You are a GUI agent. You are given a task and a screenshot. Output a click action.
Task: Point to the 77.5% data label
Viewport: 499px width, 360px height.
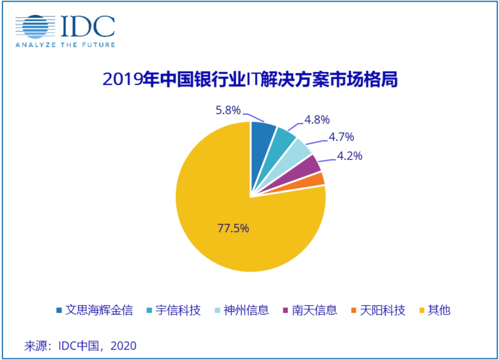233,228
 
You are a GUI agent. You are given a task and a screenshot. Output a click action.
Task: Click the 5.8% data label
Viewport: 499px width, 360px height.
228,110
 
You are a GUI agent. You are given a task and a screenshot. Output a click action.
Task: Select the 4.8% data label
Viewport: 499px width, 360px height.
317,120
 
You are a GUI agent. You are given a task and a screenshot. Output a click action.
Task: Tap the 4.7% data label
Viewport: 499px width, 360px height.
341,137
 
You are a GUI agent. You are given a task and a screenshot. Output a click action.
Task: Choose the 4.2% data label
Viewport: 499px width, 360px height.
350,156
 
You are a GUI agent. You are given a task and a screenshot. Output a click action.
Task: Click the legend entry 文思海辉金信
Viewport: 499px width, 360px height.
99,310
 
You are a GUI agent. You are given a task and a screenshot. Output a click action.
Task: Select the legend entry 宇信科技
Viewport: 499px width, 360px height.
178,310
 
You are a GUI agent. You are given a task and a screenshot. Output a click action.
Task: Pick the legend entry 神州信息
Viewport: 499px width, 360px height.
246,310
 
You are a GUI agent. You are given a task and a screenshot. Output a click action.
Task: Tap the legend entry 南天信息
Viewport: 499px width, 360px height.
314,310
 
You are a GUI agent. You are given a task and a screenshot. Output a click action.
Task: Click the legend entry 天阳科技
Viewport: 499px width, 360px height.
382,310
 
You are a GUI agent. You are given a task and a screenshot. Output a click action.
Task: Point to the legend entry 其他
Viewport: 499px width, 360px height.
439,310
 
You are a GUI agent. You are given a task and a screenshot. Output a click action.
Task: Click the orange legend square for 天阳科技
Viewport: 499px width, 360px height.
354,310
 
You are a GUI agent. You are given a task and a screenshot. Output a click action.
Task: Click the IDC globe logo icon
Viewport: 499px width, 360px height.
35,27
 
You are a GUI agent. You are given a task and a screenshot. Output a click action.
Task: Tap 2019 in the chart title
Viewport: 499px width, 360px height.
122,79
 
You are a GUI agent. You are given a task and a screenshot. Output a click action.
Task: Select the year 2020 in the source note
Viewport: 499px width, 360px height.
123,346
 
